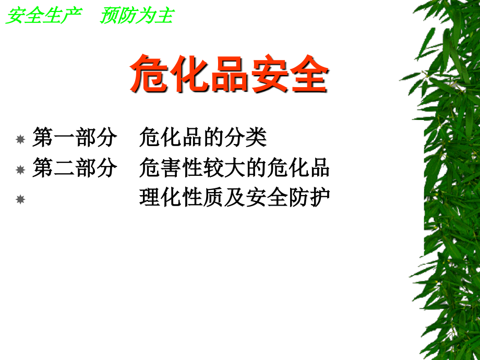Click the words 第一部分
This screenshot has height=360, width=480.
75,138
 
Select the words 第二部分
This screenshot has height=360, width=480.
75,169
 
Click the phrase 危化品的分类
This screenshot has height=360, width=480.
203,138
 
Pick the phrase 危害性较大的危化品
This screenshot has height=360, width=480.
235,169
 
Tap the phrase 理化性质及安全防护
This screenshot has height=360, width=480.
235,198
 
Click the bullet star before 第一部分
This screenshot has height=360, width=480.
20,140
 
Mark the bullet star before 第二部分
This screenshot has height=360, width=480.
20,170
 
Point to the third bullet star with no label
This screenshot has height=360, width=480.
20,200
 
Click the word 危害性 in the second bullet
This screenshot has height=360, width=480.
171,169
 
